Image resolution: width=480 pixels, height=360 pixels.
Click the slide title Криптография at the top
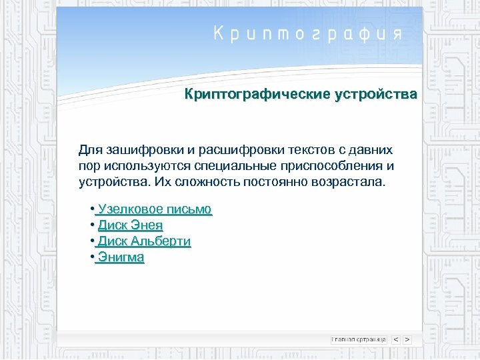click(308, 34)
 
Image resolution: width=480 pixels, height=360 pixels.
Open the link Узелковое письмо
click(154, 209)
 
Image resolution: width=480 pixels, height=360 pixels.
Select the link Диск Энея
click(130, 225)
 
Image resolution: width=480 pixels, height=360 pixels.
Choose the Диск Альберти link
click(144, 241)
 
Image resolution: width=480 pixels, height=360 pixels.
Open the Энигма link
click(121, 257)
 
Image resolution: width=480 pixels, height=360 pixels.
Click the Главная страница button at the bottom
click(359, 339)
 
